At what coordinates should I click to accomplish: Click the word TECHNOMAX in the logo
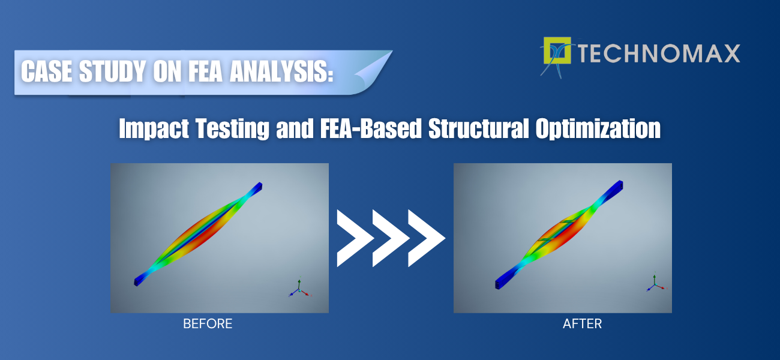point(659,53)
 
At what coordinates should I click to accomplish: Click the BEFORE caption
point(208,324)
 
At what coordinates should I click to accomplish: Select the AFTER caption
point(582,324)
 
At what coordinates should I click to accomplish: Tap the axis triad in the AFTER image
point(653,283)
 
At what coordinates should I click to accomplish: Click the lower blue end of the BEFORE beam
point(139,281)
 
